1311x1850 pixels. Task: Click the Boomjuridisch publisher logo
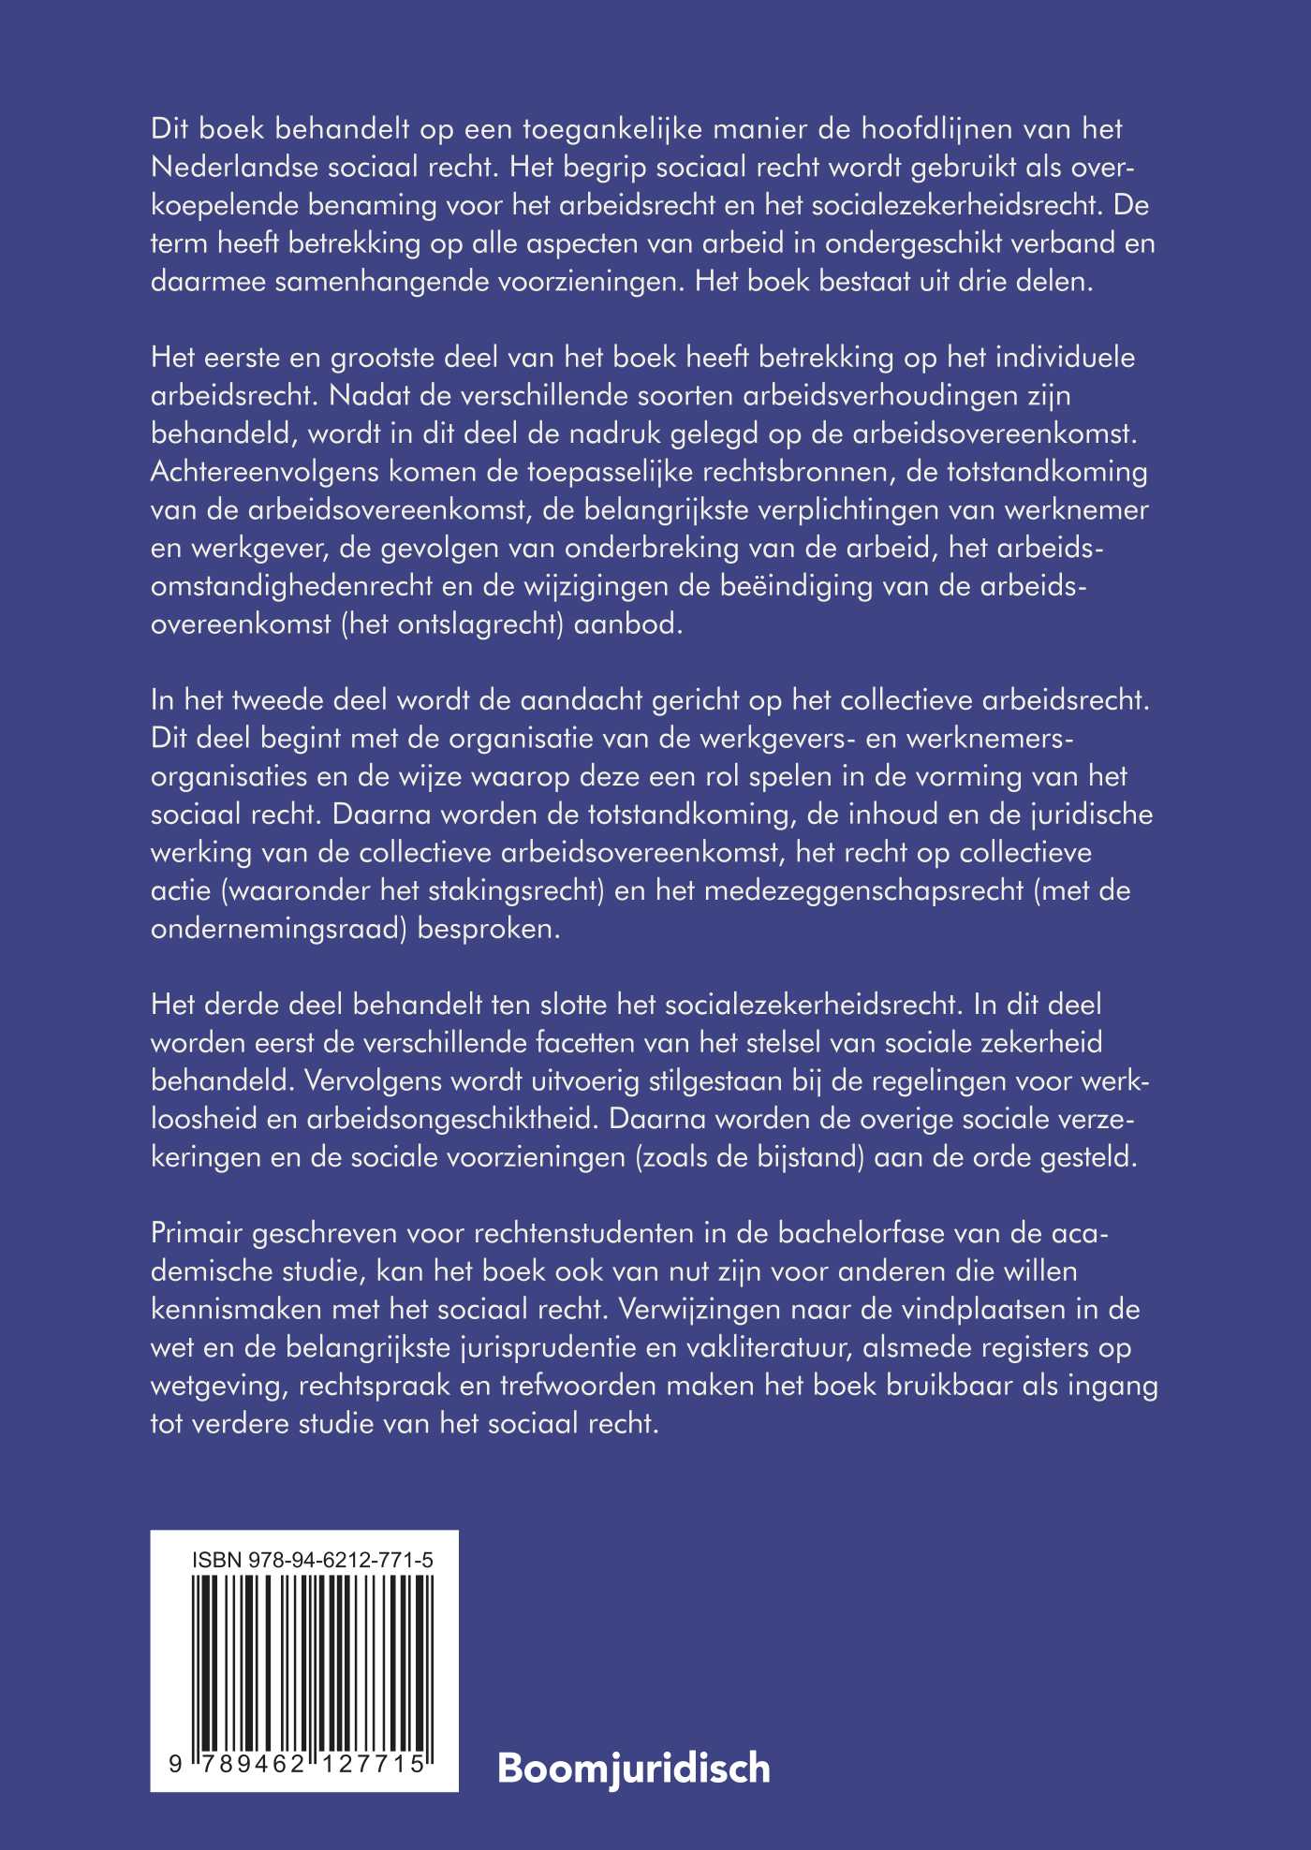point(633,1769)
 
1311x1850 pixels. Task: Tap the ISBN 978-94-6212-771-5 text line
point(312,1560)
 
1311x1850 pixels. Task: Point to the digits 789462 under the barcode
point(246,1764)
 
